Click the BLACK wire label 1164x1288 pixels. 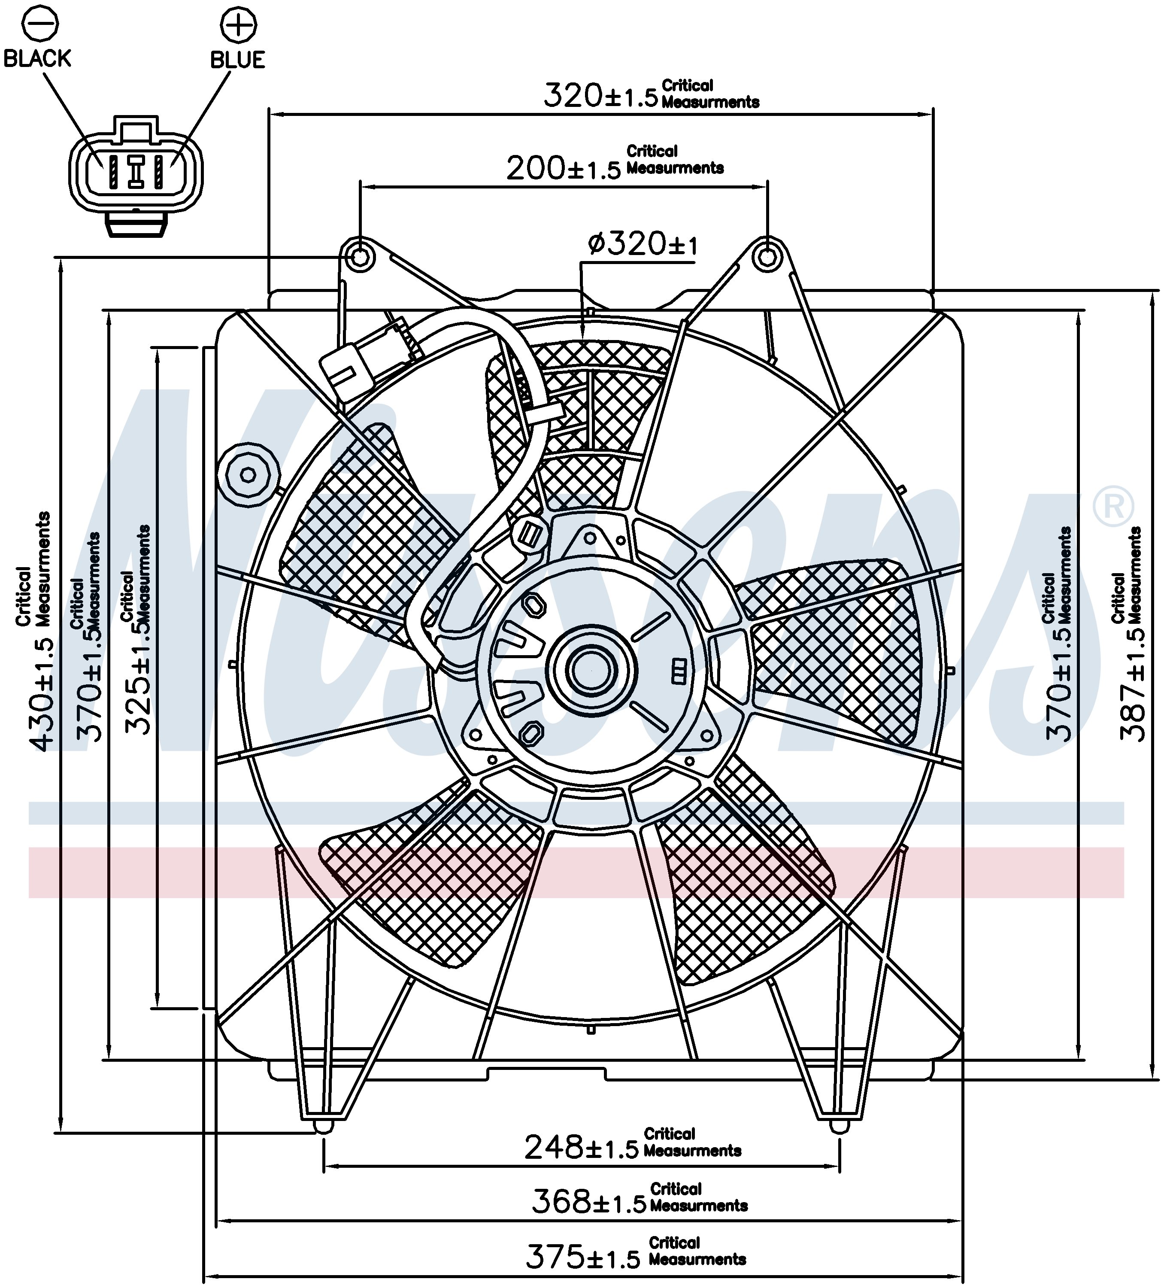click(37, 59)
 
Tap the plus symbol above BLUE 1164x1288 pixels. click(238, 25)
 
